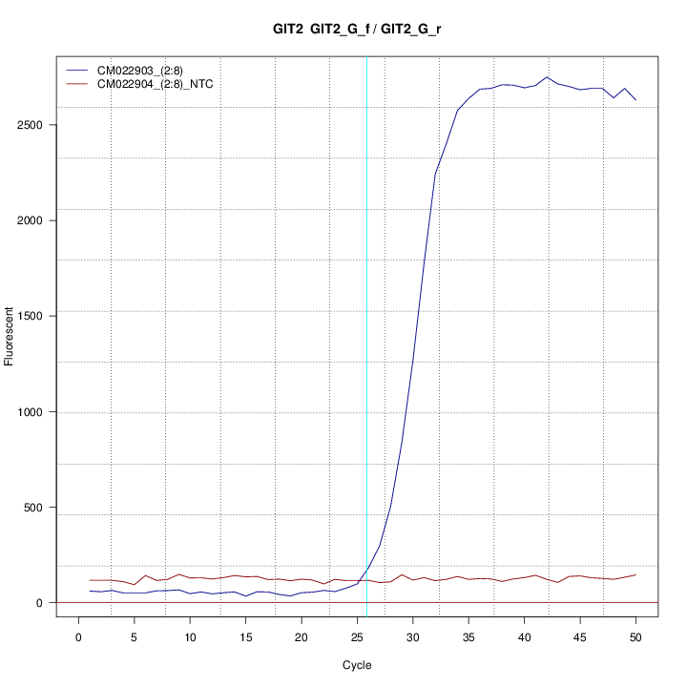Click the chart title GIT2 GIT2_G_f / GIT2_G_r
pyautogui.click(x=357, y=30)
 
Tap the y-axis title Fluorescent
pyautogui.click(x=10, y=336)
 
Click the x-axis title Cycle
pyautogui.click(x=357, y=665)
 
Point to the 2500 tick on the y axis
pyautogui.click(x=37, y=125)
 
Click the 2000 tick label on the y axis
pyautogui.click(x=37, y=220)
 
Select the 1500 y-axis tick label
pyautogui.click(x=37, y=316)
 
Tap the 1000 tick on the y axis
pyautogui.click(x=37, y=412)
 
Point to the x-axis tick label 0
pyautogui.click(x=79, y=637)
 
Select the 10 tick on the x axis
pyautogui.click(x=191, y=637)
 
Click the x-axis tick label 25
pyautogui.click(x=358, y=637)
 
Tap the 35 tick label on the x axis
pyautogui.click(x=468, y=637)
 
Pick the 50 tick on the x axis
pyautogui.click(x=635, y=637)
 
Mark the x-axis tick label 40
pyautogui.click(x=524, y=637)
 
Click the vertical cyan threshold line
pyautogui.click(x=367, y=334)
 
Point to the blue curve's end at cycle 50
pyautogui.click(x=635, y=99)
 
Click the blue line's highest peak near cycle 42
pyautogui.click(x=547, y=77)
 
